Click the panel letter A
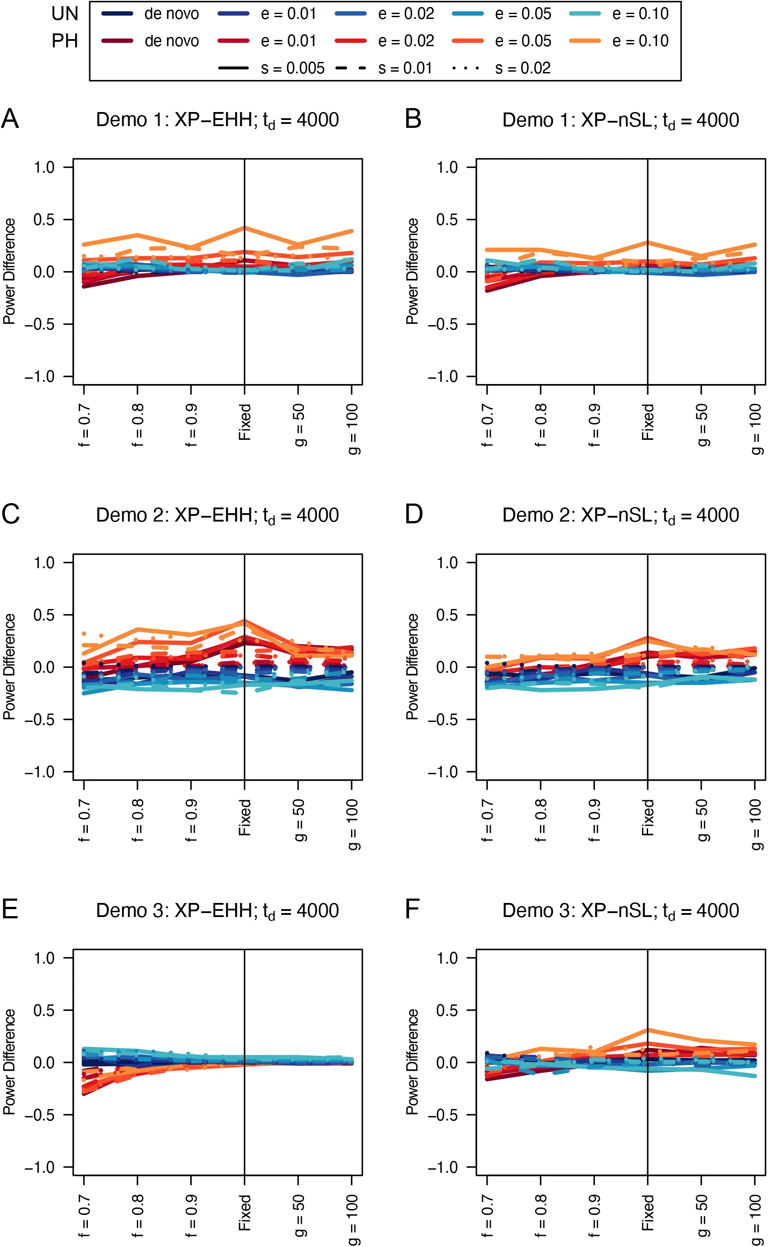pyautogui.click(x=10, y=120)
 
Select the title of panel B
pyautogui.click(x=620, y=121)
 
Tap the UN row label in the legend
pyautogui.click(x=65, y=14)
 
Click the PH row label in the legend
pyautogui.click(x=65, y=40)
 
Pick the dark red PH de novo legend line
pyautogui.click(x=117, y=40)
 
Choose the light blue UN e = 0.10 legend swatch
pyautogui.click(x=585, y=14)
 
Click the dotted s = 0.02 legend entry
pyautogui.click(x=466, y=68)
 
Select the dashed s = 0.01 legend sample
pyautogui.click(x=351, y=68)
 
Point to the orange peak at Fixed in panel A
pyautogui.click(x=245, y=228)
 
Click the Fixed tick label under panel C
pyautogui.click(x=245, y=817)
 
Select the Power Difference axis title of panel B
pyautogui.click(x=413, y=271)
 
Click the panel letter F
pyautogui.click(x=412, y=910)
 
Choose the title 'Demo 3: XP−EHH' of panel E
pyautogui.click(x=217, y=911)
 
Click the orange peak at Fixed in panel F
pyautogui.click(x=648, y=1030)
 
